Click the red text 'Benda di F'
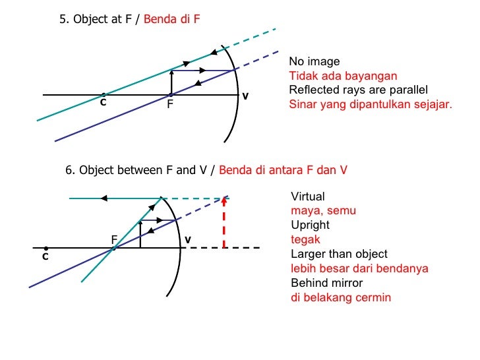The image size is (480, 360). click(171, 20)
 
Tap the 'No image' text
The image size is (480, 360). click(315, 62)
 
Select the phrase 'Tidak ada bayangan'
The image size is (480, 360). click(343, 76)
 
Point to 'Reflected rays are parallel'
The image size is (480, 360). click(359, 90)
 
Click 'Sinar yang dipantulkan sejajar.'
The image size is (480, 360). click(371, 104)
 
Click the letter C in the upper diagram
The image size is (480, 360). click(103, 104)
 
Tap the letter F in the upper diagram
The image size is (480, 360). click(170, 104)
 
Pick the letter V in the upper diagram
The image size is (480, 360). click(245, 96)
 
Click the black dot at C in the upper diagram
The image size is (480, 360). click(103, 95)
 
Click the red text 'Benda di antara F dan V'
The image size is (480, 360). click(283, 170)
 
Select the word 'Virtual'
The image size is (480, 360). click(308, 196)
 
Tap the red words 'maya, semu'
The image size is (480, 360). click(323, 211)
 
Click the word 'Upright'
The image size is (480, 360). click(310, 225)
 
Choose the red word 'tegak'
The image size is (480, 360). click(305, 239)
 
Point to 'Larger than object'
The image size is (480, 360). click(339, 254)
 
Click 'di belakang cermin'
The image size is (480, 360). click(341, 297)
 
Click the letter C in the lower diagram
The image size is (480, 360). click(45, 256)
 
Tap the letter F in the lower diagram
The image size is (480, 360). click(114, 239)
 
